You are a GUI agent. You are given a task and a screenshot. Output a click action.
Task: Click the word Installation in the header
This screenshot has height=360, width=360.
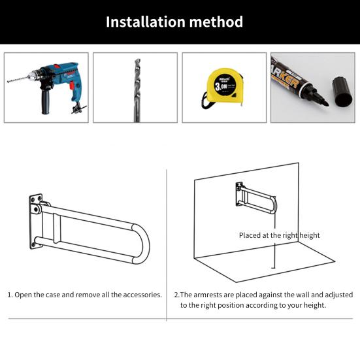tap(145, 22)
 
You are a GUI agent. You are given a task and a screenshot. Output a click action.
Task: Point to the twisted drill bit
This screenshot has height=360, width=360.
tap(136, 88)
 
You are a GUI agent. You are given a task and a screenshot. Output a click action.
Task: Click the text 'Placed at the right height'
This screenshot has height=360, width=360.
tap(279, 235)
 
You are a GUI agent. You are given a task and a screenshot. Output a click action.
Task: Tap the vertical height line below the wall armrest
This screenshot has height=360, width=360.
tap(275, 255)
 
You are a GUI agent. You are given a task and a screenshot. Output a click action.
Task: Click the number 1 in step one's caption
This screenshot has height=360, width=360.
tap(10, 295)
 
